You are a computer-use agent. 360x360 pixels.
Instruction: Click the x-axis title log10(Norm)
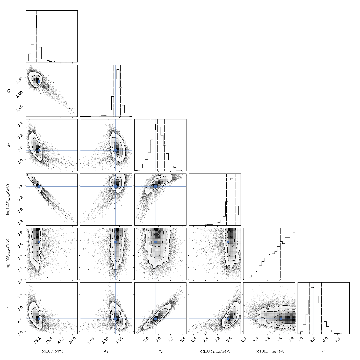[52, 351]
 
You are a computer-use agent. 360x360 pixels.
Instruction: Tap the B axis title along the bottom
[323, 351]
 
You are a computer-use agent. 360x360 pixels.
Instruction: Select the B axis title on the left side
[8, 308]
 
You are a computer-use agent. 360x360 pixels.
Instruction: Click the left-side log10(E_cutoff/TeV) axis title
[8, 254]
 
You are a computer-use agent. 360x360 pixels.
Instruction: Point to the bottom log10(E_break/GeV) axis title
[215, 351]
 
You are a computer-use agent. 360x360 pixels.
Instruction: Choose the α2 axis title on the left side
[9, 145]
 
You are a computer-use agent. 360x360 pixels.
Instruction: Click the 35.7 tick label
[61, 341]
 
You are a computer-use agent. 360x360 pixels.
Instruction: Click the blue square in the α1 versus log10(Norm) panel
[39, 81]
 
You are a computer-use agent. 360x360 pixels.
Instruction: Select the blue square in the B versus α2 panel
[155, 319]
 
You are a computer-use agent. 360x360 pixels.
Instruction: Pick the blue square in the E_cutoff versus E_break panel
[228, 242]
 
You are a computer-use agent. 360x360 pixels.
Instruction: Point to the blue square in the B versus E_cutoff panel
[281, 319]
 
